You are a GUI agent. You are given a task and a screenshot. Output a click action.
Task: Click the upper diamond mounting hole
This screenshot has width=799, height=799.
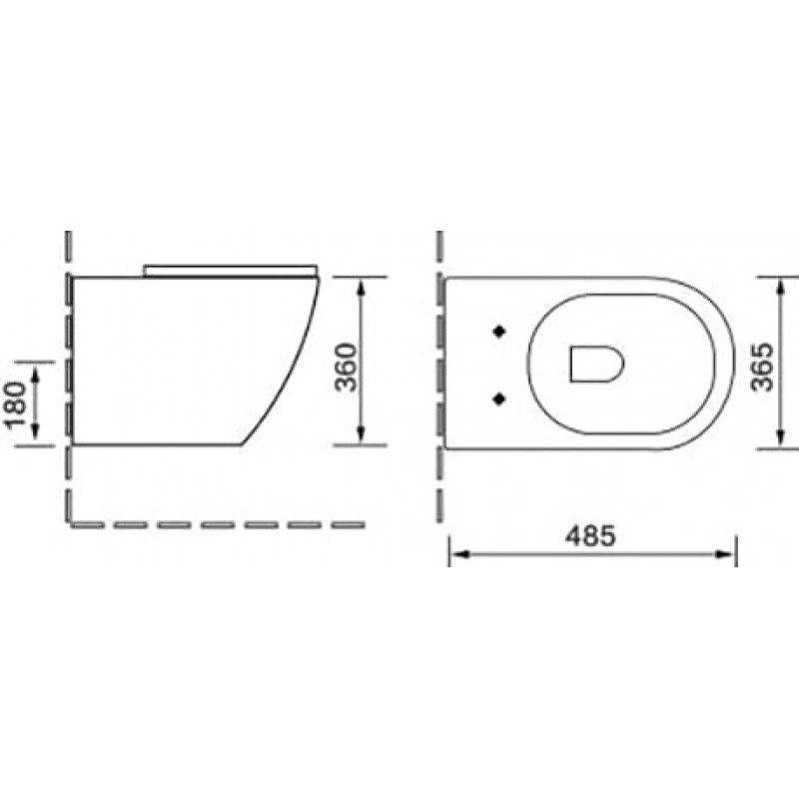(498, 331)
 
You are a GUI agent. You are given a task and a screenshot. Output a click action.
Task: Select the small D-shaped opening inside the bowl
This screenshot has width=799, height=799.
(595, 364)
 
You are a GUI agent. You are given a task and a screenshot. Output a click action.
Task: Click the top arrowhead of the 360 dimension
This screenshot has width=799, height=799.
(362, 286)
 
